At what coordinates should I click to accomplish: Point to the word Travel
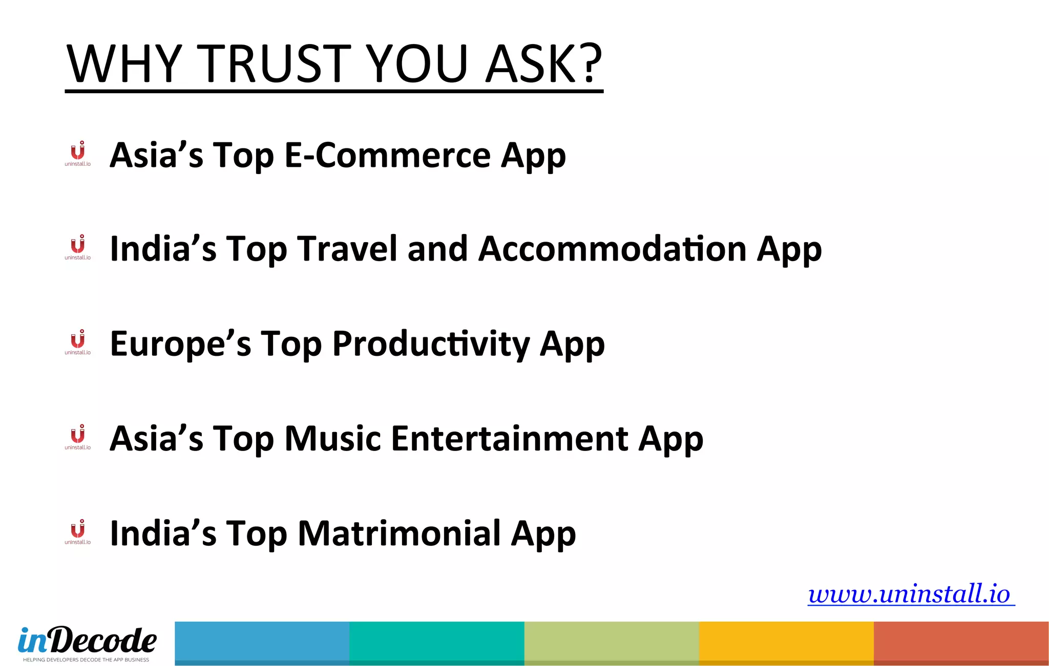(x=348, y=249)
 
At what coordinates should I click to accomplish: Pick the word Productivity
(x=431, y=344)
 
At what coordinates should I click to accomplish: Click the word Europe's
(x=180, y=344)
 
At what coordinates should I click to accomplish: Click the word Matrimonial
(x=400, y=533)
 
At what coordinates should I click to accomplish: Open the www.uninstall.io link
(x=910, y=594)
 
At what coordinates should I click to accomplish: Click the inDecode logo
(x=87, y=640)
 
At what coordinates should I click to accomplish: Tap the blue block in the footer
(x=262, y=642)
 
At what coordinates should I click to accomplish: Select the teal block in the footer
(x=436, y=642)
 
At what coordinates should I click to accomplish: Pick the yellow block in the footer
(x=786, y=642)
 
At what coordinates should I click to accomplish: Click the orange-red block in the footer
(x=961, y=642)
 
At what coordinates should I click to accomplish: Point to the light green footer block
(x=612, y=642)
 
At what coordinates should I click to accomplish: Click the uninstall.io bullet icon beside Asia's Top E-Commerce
(x=78, y=154)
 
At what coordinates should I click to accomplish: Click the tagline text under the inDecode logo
(x=86, y=660)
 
